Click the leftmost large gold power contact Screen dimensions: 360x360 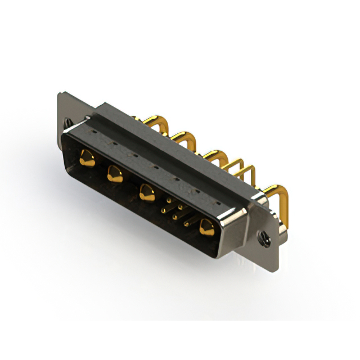pyautogui.click(x=86, y=158)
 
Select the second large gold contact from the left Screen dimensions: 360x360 pyautogui.click(x=115, y=172)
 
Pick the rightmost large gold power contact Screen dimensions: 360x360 pyautogui.click(x=206, y=227)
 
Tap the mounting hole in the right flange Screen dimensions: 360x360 pyautogui.click(x=263, y=238)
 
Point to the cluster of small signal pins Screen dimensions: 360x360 pyautogui.click(x=177, y=211)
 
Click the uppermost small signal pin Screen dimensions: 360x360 pyautogui.click(x=167, y=199)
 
